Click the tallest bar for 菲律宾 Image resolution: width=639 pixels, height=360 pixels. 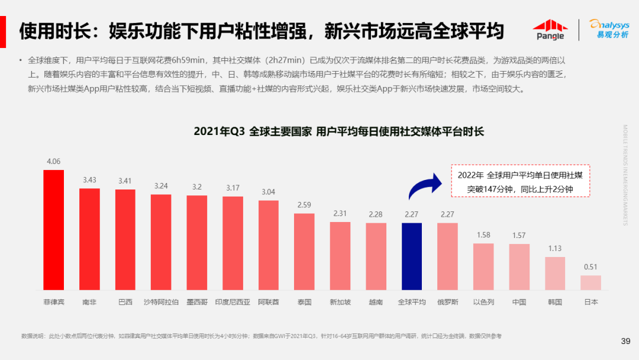click(53, 230)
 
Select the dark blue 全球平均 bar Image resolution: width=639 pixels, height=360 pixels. click(411, 256)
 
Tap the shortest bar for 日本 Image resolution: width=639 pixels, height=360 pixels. click(590, 282)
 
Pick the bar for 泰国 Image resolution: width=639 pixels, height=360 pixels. click(304, 252)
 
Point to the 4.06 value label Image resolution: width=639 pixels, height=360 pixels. click(53, 161)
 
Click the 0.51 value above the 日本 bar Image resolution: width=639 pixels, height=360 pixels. click(590, 267)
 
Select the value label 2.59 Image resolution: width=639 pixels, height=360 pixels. click(304, 205)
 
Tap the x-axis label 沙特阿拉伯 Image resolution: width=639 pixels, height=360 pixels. click(161, 302)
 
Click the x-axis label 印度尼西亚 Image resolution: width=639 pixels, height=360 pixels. click(233, 302)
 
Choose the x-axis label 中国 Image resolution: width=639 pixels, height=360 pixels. click(519, 302)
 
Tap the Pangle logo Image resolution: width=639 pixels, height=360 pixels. click(550, 30)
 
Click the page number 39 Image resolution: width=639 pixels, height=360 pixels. click(625, 340)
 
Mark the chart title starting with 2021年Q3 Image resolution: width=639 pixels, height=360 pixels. click(338, 131)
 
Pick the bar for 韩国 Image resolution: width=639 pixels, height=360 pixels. click(554, 273)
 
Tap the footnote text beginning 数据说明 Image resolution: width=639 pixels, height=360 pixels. click(260, 336)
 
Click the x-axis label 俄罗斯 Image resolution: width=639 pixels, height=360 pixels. click(447, 302)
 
